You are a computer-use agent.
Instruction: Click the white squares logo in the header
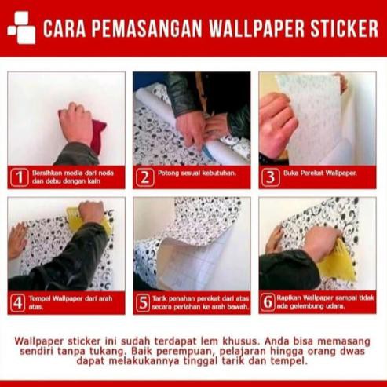[x=21, y=29]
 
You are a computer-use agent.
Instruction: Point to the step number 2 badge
[x=144, y=177]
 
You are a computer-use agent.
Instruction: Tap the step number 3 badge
[x=271, y=177]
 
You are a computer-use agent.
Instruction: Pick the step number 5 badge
[x=144, y=302]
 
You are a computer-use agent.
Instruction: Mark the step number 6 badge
[x=271, y=302]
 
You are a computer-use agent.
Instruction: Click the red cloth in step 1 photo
[x=97, y=135]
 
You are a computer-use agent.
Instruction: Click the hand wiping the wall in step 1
[x=77, y=122]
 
